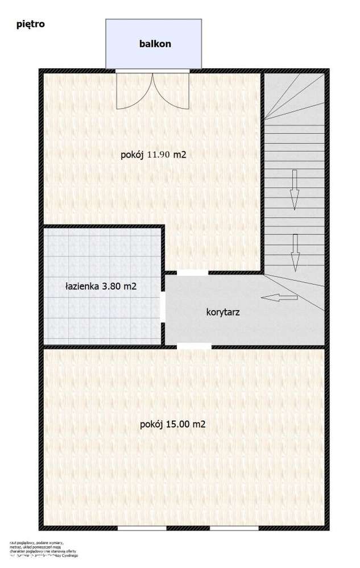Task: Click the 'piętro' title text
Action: click(31, 24)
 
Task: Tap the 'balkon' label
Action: click(155, 43)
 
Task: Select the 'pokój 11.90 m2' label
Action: click(154, 154)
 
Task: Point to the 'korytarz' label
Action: click(222, 312)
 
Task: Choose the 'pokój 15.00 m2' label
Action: click(172, 424)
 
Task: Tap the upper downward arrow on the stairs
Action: click(294, 189)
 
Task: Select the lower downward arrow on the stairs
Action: click(295, 252)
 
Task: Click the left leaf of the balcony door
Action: click(134, 91)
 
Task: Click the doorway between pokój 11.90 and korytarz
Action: click(193, 273)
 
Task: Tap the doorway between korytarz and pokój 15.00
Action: click(193, 346)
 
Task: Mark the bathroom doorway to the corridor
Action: click(163, 308)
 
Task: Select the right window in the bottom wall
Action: click(234, 528)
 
